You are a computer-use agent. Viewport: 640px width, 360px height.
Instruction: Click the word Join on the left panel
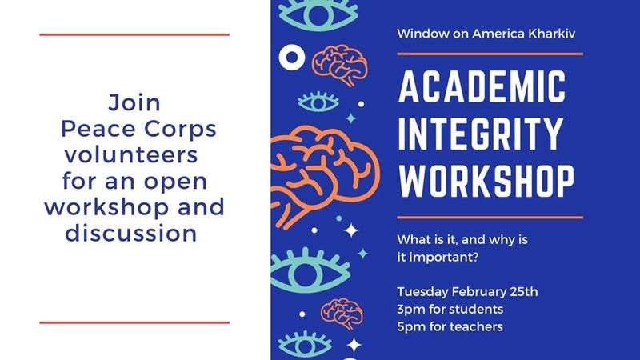tap(134, 102)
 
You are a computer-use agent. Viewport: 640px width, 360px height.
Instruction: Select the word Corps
tap(180, 130)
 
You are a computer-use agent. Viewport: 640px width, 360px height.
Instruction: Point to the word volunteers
tap(131, 155)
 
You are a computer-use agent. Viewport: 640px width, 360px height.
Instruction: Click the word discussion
tap(131, 234)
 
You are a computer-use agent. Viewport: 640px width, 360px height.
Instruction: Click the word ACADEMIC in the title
tap(482, 86)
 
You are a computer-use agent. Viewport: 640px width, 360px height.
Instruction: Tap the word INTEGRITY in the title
tap(481, 134)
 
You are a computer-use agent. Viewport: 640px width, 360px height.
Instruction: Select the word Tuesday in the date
tap(422, 292)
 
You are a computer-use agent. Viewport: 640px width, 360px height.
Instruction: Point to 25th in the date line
tap(524, 292)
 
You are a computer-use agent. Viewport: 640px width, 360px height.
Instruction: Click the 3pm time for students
tap(410, 310)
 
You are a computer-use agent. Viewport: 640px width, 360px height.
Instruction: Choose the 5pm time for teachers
tap(410, 327)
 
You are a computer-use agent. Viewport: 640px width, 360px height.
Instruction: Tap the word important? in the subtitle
tap(444, 258)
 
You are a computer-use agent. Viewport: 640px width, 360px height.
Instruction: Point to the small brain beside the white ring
tap(339, 65)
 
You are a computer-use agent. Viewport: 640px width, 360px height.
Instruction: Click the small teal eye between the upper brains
tap(318, 102)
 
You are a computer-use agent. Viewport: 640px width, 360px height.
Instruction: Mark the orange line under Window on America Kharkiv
tap(490, 54)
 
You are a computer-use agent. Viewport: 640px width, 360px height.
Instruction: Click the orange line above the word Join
tap(134, 35)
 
